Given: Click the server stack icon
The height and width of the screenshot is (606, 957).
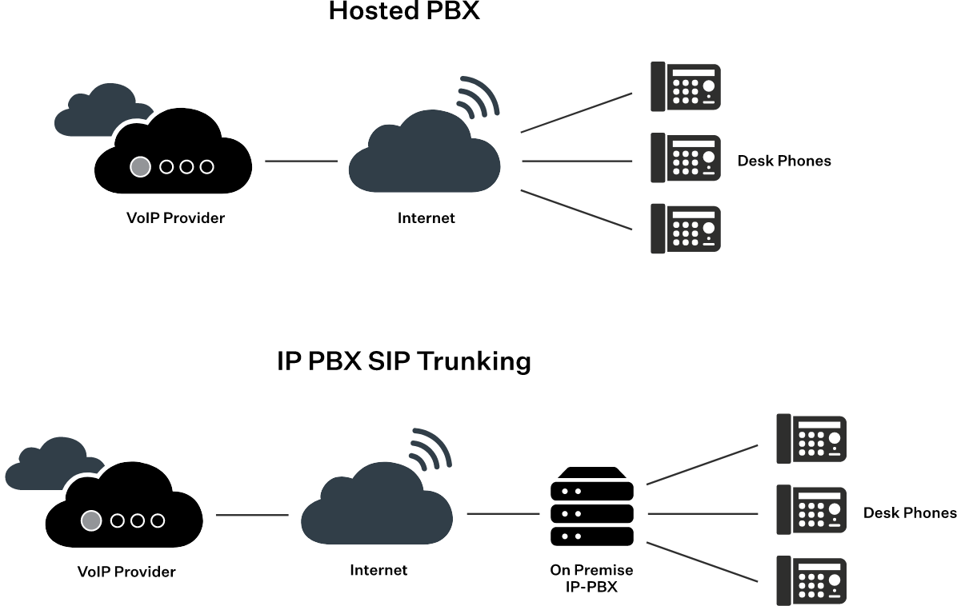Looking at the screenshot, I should pos(592,507).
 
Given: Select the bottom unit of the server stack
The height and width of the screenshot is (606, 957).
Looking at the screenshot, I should pos(592,536).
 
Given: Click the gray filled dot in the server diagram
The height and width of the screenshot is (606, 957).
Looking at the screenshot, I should pos(91,520).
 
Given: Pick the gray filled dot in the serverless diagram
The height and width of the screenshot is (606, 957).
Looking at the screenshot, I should pos(140,166).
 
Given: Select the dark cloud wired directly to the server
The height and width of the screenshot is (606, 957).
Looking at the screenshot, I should pos(376,508).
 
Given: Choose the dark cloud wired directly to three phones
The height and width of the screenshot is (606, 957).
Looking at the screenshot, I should pos(424,156).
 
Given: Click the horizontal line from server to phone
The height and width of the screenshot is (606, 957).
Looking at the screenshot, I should pos(703,513).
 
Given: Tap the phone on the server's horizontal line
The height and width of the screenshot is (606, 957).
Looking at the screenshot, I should pos(811,509).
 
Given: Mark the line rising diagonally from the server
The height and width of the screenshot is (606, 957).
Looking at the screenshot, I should pos(703,464).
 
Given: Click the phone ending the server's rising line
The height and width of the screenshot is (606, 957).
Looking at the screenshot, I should pos(811,438).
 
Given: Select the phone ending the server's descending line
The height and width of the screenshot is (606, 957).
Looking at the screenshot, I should pos(811,580).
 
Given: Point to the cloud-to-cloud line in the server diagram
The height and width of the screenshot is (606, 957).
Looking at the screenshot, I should pos(252,515).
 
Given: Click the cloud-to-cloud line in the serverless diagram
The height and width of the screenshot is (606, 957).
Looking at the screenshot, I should pos(301,161).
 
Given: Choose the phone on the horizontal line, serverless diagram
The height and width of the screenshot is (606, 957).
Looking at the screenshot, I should pos(686,157).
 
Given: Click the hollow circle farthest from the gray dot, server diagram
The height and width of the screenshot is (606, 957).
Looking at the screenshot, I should pos(158,520).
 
